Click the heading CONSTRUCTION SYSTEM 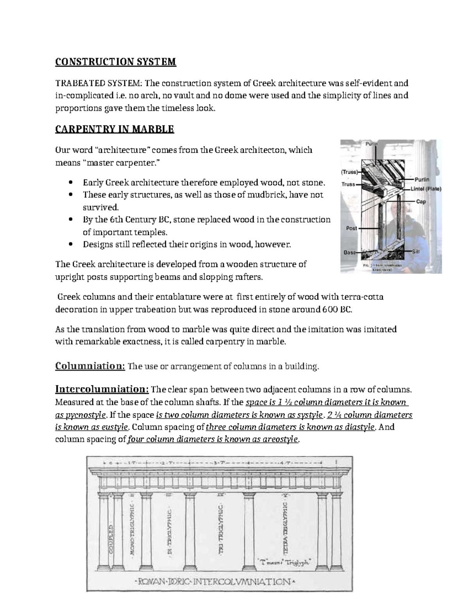click(x=116, y=62)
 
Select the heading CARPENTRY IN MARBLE click(x=115, y=129)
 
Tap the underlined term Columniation click(x=90, y=366)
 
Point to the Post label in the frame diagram click(x=351, y=228)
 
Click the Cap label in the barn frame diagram click(x=421, y=202)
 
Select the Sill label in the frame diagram click(x=415, y=252)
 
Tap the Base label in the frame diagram click(x=349, y=252)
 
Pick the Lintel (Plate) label click(x=426, y=189)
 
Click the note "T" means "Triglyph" click(x=285, y=562)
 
